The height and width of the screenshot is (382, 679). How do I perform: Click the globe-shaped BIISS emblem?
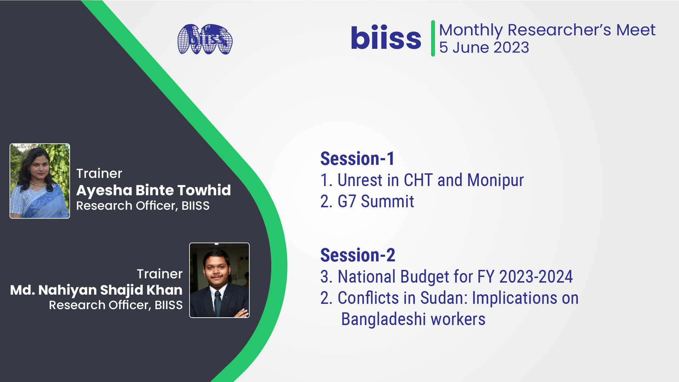[x=205, y=39]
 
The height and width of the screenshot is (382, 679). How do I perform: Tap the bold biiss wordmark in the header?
[x=386, y=37]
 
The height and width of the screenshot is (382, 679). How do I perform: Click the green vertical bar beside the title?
[x=433, y=38]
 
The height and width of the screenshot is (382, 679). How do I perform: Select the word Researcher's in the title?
[x=559, y=30]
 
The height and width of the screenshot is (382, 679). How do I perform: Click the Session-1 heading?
[x=357, y=158]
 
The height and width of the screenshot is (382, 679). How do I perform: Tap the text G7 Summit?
[x=376, y=201]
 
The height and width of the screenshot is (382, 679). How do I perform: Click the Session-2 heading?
[x=358, y=255]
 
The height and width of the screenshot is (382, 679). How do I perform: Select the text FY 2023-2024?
[x=525, y=277]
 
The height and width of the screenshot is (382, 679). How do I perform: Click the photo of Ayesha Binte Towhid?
[x=40, y=181]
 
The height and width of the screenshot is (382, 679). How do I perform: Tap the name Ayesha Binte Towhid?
[x=153, y=190]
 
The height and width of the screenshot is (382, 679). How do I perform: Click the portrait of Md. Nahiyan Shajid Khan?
[x=219, y=280]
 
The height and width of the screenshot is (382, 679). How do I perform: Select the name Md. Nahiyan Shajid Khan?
[x=96, y=290]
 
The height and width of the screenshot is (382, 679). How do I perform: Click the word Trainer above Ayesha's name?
[x=99, y=173]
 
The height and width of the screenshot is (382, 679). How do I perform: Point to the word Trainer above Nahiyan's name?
[x=160, y=274]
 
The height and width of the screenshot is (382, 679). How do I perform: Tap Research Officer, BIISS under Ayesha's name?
[x=143, y=206]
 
